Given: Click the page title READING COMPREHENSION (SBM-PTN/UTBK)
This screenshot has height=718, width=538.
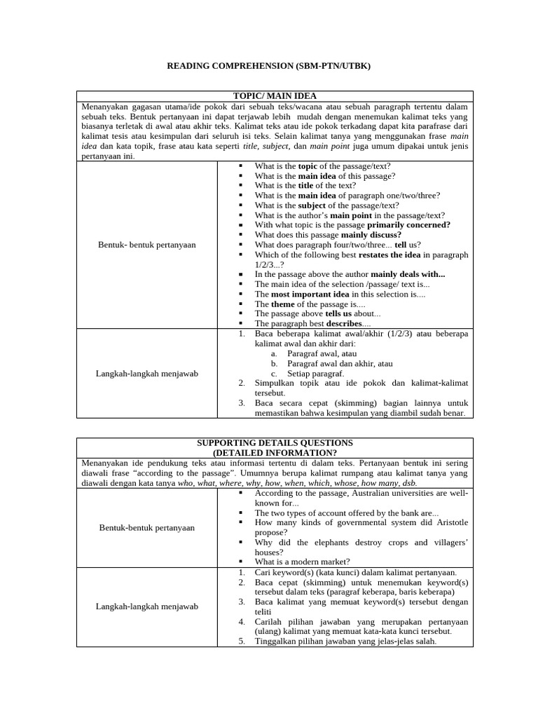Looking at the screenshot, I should click(268, 66).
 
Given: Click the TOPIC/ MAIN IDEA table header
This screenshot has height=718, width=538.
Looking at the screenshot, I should click(275, 95).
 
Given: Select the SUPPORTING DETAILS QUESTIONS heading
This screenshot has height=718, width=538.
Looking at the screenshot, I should click(275, 443).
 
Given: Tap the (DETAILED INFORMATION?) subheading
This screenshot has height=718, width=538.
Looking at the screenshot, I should click(275, 453).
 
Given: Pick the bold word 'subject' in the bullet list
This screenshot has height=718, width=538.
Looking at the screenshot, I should click(312, 205).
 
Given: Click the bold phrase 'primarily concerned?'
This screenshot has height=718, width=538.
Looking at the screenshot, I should click(408, 225).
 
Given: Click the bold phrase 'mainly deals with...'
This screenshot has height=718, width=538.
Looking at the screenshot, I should click(408, 274).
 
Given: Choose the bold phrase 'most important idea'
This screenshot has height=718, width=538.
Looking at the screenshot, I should click(310, 294).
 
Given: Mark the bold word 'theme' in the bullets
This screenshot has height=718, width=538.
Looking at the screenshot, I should click(283, 304).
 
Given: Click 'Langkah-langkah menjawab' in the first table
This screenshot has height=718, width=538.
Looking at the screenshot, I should click(147, 374).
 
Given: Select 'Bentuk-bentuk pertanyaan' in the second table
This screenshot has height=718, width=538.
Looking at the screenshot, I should click(147, 527).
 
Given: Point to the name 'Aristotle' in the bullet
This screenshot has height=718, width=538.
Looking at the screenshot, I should click(449, 522).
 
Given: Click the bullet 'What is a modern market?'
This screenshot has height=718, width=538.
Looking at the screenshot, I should click(302, 562).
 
